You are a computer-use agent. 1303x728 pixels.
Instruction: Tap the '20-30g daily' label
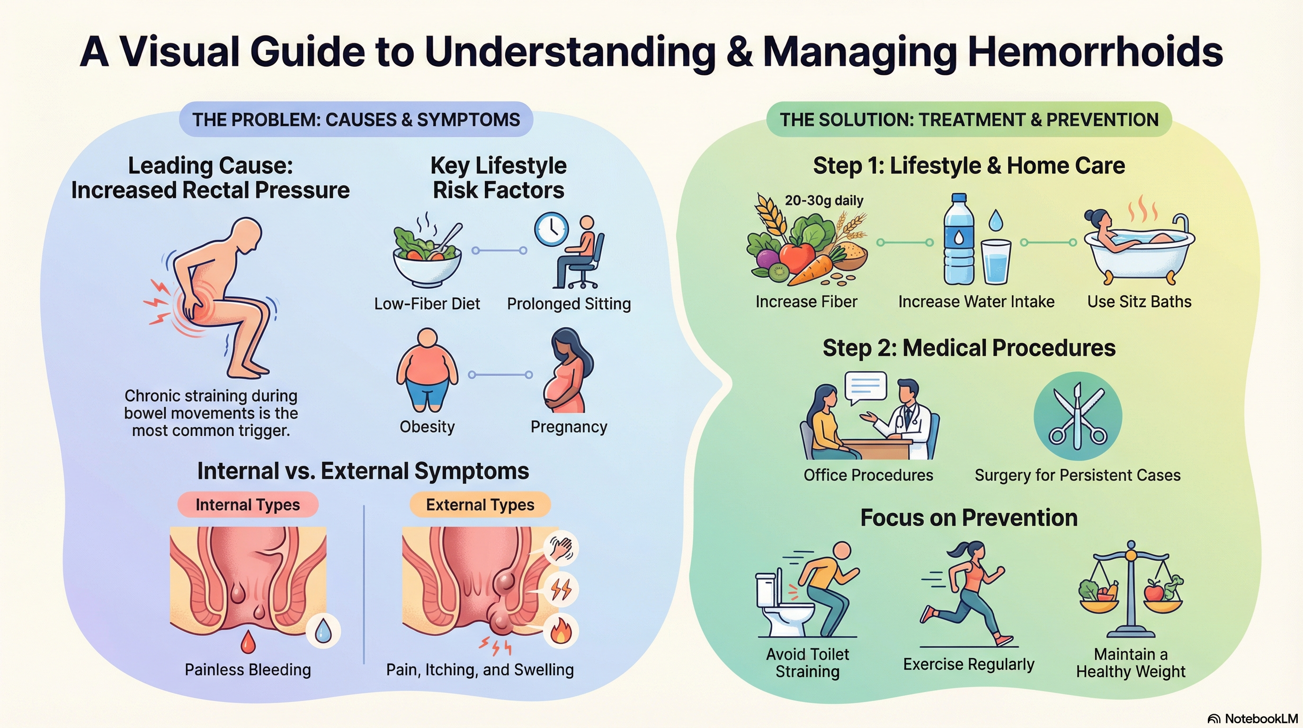pos(824,200)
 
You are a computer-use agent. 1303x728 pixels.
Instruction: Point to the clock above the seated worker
pos(551,229)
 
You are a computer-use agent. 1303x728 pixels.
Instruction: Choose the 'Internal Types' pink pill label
pos(248,505)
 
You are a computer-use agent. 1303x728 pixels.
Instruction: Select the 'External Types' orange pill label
pos(480,505)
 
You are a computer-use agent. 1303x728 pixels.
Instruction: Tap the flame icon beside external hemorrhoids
pos(561,631)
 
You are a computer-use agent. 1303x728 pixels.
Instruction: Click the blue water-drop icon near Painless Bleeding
pos(323,631)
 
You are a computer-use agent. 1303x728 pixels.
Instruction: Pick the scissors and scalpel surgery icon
pos(1078,416)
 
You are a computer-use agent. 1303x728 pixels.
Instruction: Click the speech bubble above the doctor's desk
pos(866,387)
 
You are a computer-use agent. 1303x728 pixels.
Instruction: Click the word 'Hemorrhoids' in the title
pos(1095,52)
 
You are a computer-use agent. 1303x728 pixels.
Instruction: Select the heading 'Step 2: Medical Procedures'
pos(969,348)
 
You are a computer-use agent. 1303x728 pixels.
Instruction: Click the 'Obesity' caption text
pos(427,427)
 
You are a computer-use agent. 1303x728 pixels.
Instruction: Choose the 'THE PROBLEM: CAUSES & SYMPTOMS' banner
pos(356,119)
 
